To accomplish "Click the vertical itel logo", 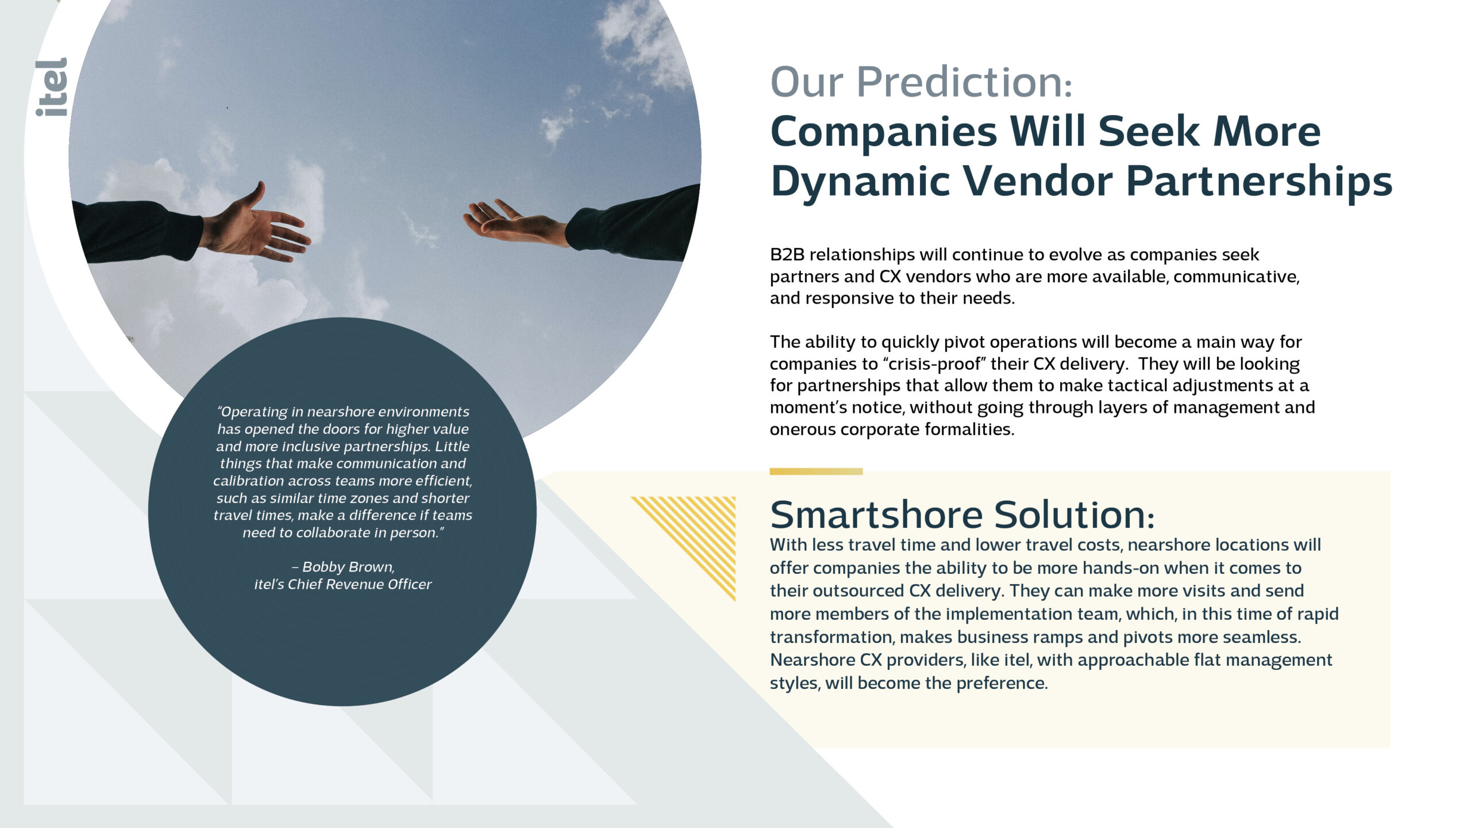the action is [52, 87].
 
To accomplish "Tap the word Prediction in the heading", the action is [965, 82].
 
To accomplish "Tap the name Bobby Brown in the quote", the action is [348, 567].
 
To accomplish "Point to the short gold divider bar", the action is [816, 471].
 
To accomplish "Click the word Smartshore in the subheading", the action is [876, 514].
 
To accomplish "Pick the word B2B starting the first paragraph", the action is [787, 255].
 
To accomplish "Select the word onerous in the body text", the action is [803, 430].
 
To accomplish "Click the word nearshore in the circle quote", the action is [340, 412].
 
